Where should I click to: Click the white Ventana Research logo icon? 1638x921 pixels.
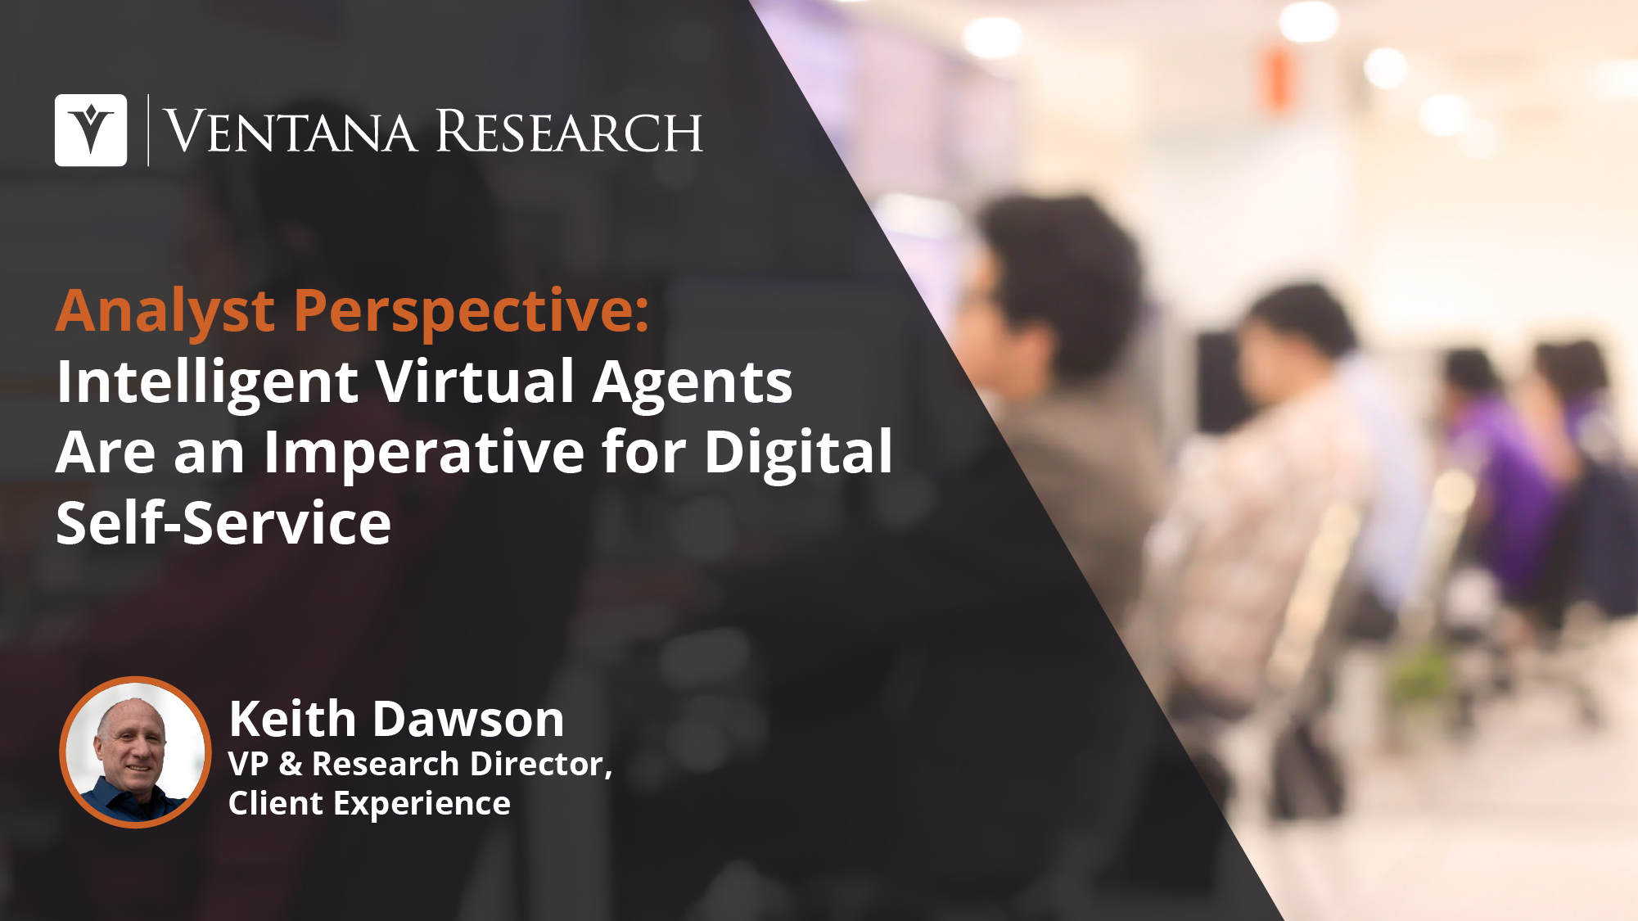[91, 130]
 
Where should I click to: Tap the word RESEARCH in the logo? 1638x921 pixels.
[569, 131]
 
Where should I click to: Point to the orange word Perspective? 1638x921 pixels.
[472, 313]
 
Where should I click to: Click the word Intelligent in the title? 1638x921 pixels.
[207, 383]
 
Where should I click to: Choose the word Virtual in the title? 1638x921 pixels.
[476, 381]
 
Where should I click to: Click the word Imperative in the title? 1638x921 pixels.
[424, 454]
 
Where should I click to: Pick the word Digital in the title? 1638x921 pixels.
[798, 452]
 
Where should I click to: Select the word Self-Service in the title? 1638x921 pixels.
[223, 522]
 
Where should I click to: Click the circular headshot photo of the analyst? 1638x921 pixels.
[135, 752]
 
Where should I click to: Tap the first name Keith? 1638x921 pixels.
[292, 719]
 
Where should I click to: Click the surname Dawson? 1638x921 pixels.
[468, 719]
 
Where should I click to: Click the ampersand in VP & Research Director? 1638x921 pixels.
[291, 764]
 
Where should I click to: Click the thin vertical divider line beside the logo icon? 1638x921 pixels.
[148, 130]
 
